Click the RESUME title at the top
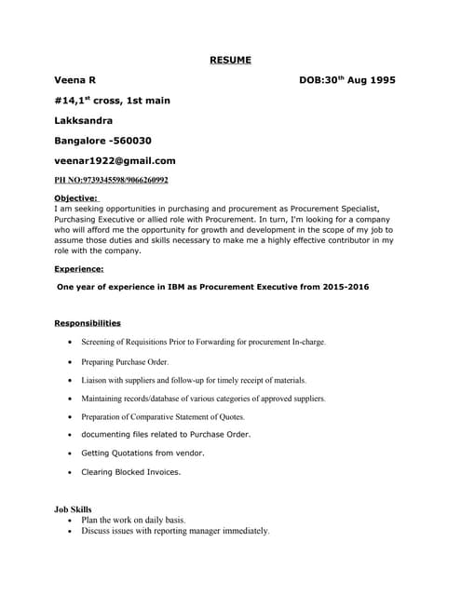pos(230,61)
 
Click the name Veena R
pos(75,81)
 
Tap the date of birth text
pos(347,81)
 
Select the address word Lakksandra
pos(84,120)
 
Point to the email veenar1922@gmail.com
pos(115,160)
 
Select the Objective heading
pos(77,198)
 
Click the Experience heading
pos(79,268)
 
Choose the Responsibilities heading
pos(88,323)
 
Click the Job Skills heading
pos(74,509)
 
